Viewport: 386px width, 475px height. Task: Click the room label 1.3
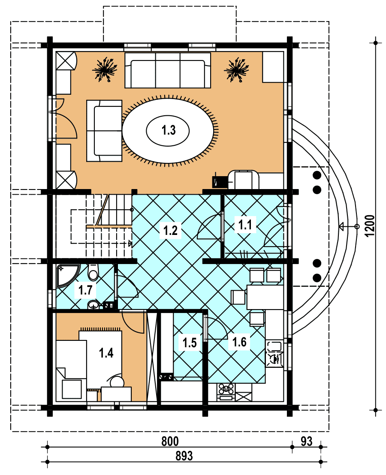click(169, 130)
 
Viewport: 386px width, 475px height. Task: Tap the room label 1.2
click(170, 231)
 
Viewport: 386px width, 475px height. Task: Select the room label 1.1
click(245, 225)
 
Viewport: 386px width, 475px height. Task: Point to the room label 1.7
click(85, 290)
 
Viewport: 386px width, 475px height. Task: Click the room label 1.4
click(106, 353)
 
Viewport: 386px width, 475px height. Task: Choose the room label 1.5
click(190, 343)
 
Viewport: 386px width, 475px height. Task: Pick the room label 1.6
click(239, 342)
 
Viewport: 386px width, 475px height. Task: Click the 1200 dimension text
click(370, 226)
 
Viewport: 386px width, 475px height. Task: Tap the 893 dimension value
click(184, 456)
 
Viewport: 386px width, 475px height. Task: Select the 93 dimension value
click(306, 442)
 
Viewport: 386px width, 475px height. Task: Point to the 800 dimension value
click(170, 442)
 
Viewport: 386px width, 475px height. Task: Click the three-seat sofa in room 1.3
click(168, 70)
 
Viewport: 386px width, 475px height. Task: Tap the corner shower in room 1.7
click(68, 275)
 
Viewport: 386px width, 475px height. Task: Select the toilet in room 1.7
click(93, 272)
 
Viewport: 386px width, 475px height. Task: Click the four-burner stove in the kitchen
click(226, 392)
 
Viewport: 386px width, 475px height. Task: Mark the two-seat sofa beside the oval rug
click(104, 131)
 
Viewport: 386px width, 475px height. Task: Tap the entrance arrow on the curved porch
click(349, 226)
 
